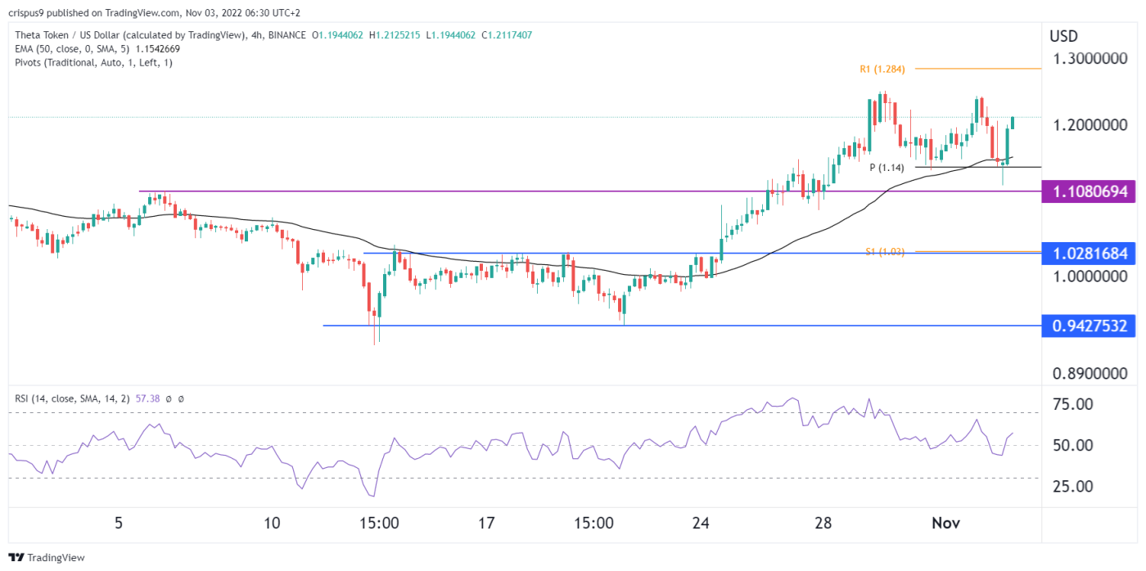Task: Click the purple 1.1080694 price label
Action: pyautogui.click(x=1088, y=192)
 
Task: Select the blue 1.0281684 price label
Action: pyautogui.click(x=1088, y=254)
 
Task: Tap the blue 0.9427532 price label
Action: pyautogui.click(x=1088, y=326)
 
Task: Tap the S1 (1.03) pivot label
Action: pyautogui.click(x=886, y=252)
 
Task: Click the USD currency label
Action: pyautogui.click(x=1063, y=36)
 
